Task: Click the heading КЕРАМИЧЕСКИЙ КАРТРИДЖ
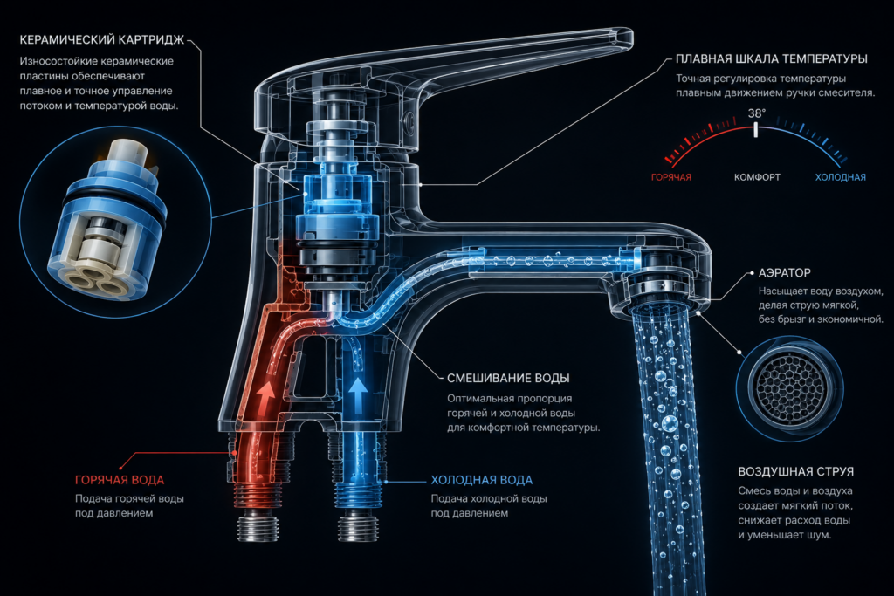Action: point(102,40)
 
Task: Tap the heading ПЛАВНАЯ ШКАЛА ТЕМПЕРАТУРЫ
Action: point(772,58)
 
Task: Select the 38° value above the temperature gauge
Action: point(757,113)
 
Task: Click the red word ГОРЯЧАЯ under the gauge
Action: point(671,177)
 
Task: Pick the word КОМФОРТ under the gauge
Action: point(757,177)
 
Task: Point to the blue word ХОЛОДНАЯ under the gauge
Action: point(841,177)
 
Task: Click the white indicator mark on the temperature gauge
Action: point(756,130)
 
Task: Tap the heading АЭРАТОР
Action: point(784,273)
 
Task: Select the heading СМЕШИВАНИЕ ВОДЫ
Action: point(508,379)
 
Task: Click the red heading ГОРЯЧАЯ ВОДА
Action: point(120,480)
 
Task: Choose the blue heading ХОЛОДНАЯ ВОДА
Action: point(482,480)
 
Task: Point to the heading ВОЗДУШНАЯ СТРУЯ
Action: point(796,472)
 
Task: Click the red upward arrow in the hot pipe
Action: point(265,397)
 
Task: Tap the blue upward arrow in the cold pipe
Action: point(357,394)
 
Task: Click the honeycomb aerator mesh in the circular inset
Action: point(789,387)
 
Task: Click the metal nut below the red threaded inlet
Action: point(258,525)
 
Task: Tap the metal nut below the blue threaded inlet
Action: point(358,525)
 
